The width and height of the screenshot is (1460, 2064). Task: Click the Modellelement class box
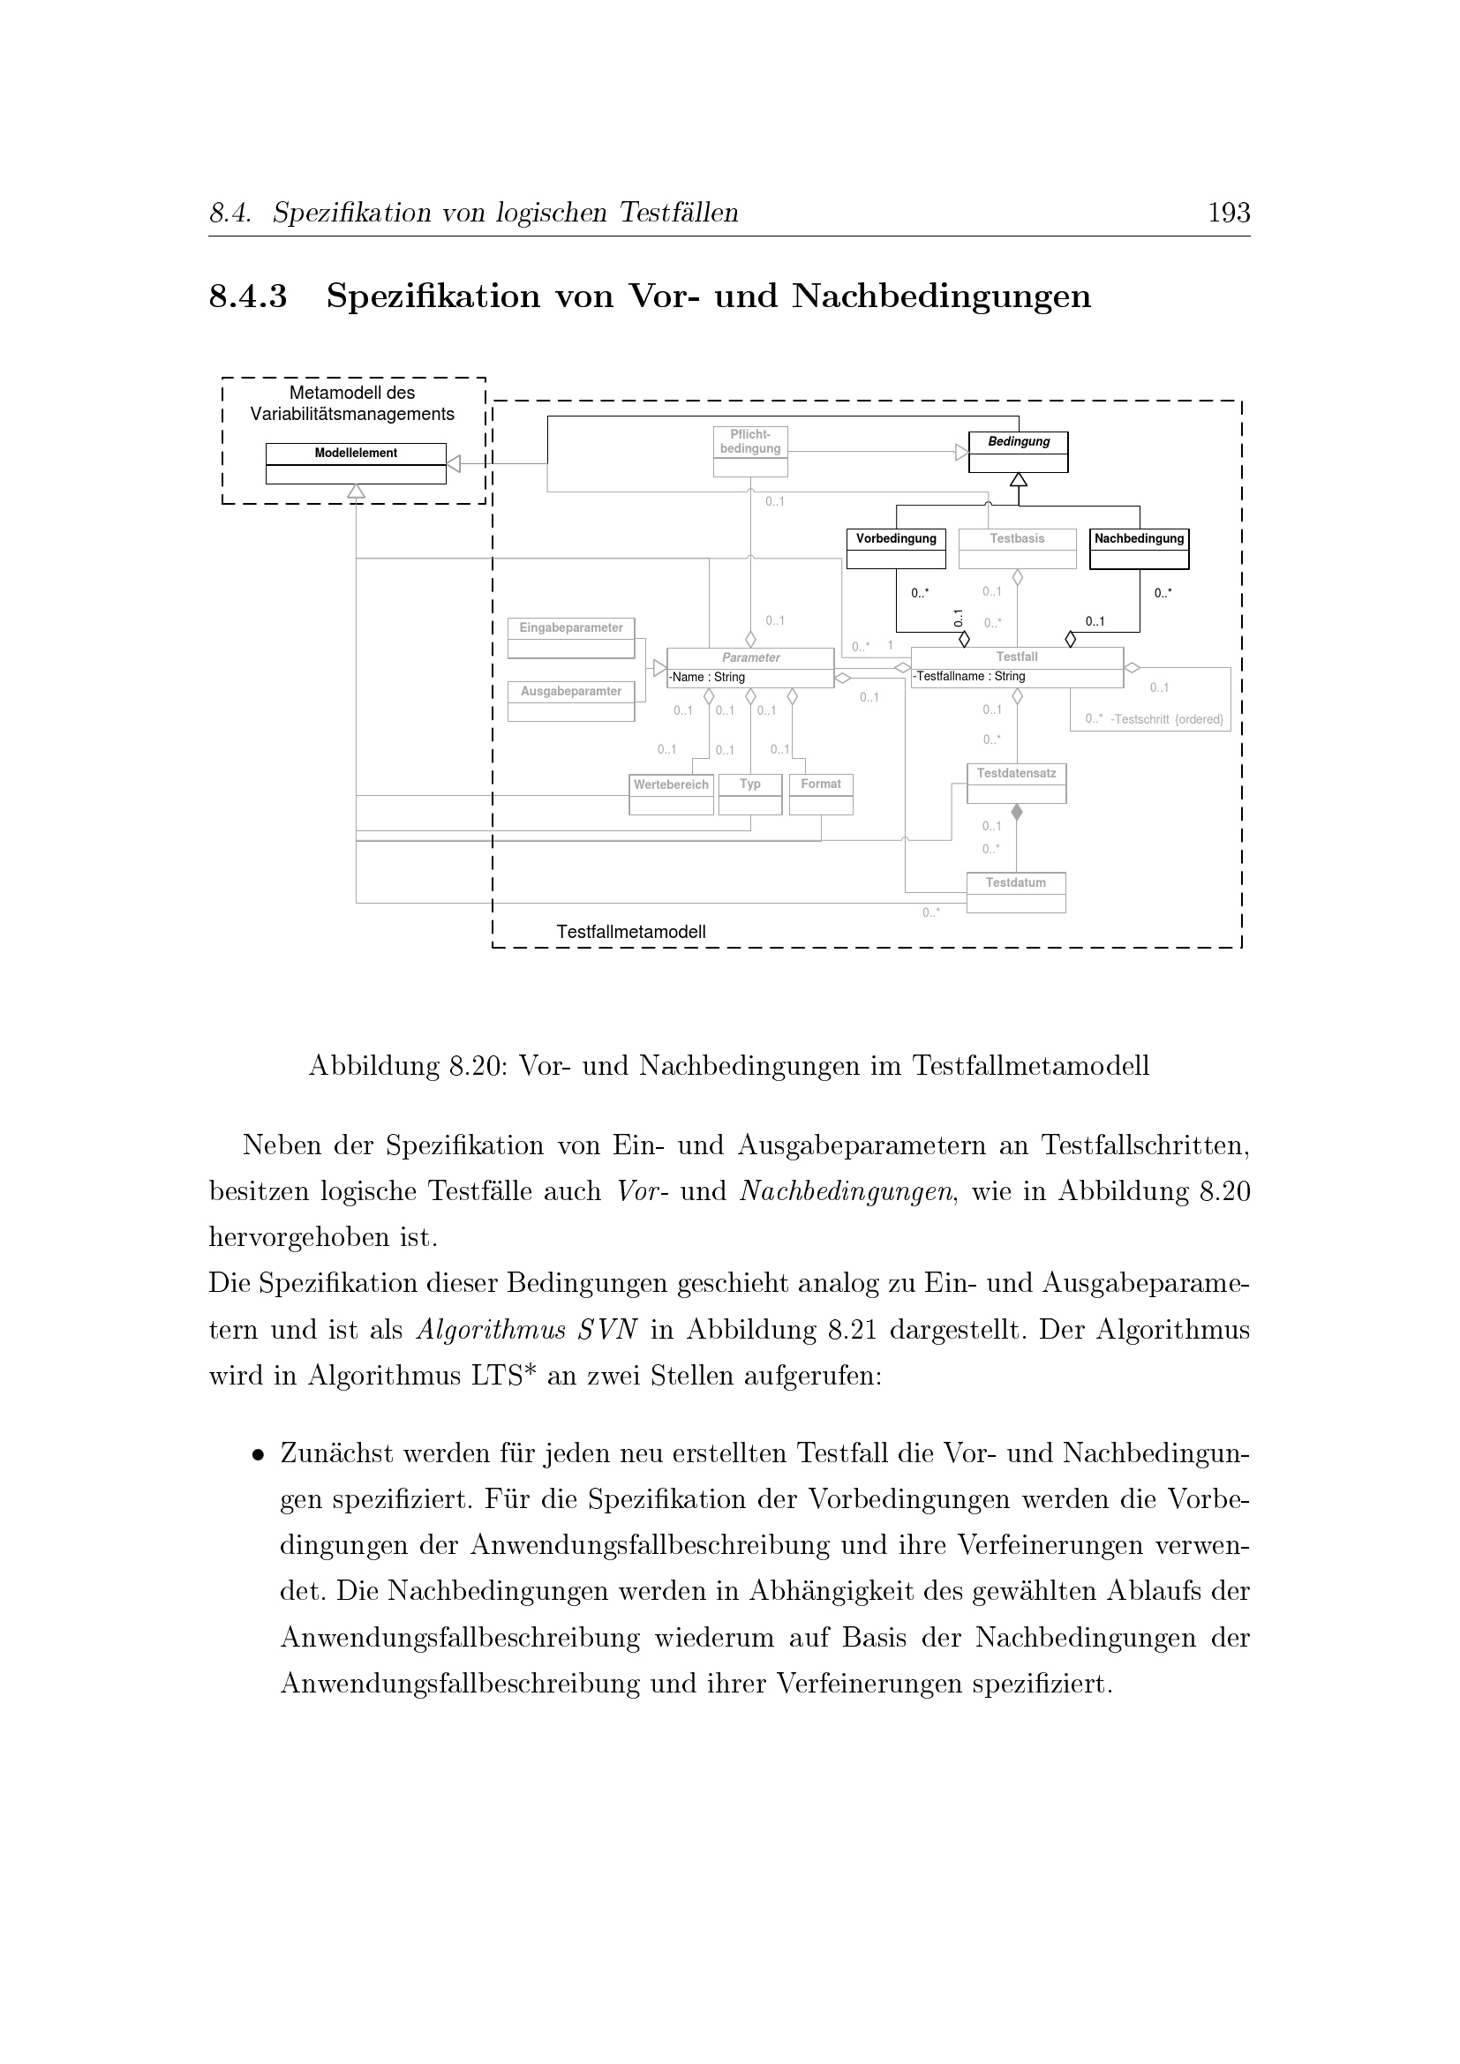click(355, 463)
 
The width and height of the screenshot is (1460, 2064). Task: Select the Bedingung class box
click(1018, 451)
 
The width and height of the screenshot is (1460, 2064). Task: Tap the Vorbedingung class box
click(895, 548)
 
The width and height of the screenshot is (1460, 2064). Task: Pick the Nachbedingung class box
click(1138, 548)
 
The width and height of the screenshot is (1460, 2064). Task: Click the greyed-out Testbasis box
click(1017, 548)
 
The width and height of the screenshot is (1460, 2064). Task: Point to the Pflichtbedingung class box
click(749, 451)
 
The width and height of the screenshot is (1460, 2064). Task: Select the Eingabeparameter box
click(571, 637)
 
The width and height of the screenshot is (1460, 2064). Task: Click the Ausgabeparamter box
click(571, 702)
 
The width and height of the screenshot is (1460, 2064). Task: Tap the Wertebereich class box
click(671, 794)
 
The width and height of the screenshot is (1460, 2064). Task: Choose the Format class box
click(821, 794)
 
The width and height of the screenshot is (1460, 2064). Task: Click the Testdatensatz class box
click(1016, 783)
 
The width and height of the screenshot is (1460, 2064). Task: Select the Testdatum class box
click(1016, 892)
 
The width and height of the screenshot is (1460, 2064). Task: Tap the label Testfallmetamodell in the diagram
click(630, 932)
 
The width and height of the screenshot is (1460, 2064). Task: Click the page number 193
click(1228, 213)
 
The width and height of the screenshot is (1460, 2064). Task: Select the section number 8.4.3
click(248, 296)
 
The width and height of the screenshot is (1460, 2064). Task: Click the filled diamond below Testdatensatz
click(1017, 813)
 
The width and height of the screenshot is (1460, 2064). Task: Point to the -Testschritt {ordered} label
click(1166, 719)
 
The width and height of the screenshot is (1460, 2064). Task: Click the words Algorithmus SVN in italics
click(527, 1330)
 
